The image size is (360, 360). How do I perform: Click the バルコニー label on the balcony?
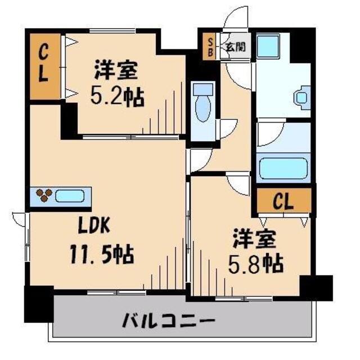click(x=169, y=323)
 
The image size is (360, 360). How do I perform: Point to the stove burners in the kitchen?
click(x=43, y=196)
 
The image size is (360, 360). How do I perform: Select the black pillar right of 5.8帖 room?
click(x=316, y=287)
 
